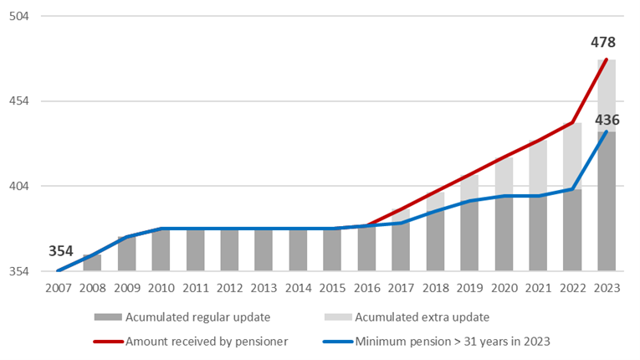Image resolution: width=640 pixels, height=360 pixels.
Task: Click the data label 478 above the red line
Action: [603, 42]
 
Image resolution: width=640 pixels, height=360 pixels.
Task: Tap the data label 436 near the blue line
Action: [607, 120]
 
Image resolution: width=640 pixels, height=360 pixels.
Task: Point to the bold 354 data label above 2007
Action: [61, 251]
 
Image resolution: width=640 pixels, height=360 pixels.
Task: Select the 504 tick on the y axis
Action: [19, 17]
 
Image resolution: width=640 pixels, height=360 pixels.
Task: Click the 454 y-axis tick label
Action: [19, 101]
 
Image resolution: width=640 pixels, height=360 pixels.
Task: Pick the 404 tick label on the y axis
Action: [19, 186]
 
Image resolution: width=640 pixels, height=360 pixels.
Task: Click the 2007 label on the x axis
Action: [59, 288]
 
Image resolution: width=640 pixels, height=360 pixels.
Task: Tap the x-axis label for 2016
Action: [367, 288]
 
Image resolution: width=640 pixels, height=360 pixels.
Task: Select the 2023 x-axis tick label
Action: [607, 288]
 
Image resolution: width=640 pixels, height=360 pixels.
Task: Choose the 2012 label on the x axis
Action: [230, 288]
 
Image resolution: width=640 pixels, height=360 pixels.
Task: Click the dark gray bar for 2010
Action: [161, 249]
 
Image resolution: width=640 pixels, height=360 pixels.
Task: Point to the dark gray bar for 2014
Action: [298, 249]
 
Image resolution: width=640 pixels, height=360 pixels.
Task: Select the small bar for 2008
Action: [92, 263]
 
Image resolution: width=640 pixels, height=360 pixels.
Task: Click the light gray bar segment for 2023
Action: [607, 95]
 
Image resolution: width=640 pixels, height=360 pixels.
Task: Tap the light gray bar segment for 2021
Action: [538, 168]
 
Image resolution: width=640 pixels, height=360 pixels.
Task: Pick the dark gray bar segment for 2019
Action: [469, 236]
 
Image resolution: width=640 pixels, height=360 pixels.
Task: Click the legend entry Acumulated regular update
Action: [182, 317]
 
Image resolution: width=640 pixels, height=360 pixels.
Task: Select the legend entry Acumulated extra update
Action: [407, 317]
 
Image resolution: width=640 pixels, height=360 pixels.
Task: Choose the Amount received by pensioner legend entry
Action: [191, 342]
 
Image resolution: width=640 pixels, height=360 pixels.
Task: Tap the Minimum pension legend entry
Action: [437, 342]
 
